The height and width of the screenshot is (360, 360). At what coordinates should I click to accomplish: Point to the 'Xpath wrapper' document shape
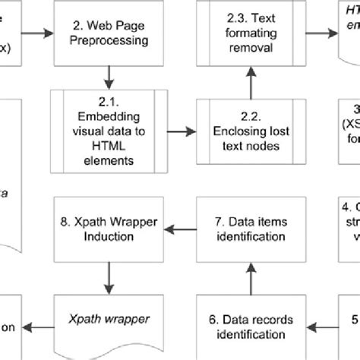coord(108,319)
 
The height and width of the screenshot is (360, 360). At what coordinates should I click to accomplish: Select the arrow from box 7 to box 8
coord(181,226)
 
